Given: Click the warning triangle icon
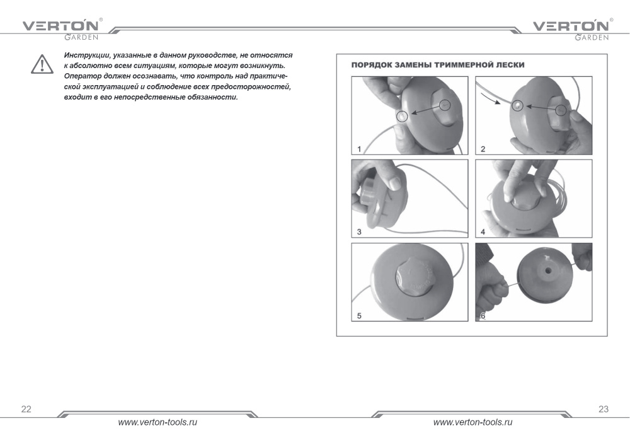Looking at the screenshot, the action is click(x=42, y=64).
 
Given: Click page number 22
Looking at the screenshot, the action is click(x=26, y=409).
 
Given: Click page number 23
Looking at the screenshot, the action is click(x=604, y=409).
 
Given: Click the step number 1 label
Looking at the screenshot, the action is click(x=359, y=149).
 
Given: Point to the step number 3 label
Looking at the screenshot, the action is click(x=359, y=232).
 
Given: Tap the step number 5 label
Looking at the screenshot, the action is click(x=359, y=316).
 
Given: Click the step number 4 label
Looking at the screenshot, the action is click(x=483, y=232).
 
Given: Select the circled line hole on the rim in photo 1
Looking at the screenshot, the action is click(x=402, y=117).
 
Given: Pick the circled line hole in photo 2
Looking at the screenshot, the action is click(x=517, y=105).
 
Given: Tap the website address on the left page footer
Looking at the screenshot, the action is click(x=157, y=422).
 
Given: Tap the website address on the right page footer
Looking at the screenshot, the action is click(x=473, y=422).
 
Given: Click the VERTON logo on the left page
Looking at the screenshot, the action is click(x=61, y=30).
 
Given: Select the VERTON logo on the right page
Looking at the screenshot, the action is click(x=571, y=30).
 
